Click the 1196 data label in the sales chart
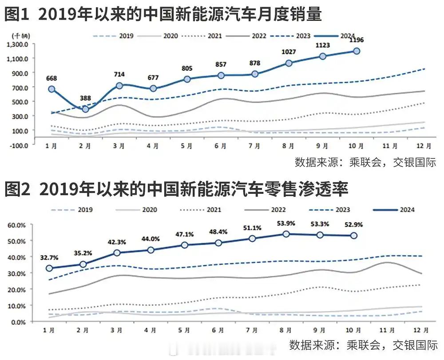[x=356, y=40]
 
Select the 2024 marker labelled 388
[x=85, y=109]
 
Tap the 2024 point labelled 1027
[x=289, y=63]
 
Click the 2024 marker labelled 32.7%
[x=49, y=268]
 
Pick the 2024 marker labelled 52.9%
[x=353, y=236]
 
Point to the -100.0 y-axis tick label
[x=18, y=145]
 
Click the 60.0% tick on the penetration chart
[x=17, y=225]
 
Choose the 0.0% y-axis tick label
[x=18, y=322]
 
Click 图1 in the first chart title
[x=17, y=15]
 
